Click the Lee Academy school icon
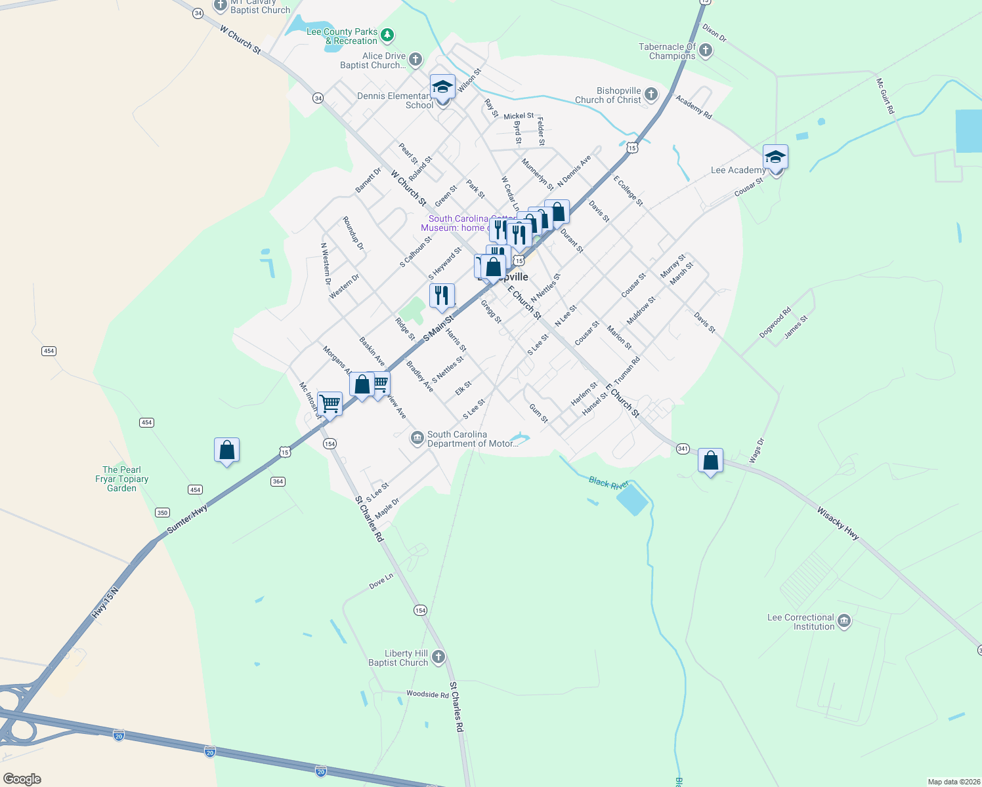tap(775, 158)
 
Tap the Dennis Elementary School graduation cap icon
tap(442, 87)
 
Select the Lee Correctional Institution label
tap(801, 622)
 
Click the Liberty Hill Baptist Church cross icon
tap(438, 657)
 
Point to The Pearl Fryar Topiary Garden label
tap(121, 479)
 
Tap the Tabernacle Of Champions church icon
tap(706, 50)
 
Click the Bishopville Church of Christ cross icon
tap(651, 94)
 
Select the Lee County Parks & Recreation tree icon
tap(387, 35)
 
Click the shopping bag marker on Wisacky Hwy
tap(710, 461)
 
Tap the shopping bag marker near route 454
tap(226, 451)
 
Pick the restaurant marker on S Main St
tap(442, 296)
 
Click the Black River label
tap(608, 483)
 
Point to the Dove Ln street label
tap(381, 581)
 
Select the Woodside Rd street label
tap(427, 694)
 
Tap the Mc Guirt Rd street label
tap(886, 96)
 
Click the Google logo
tap(22, 779)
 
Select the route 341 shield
tap(683, 449)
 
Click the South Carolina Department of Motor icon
tap(417, 438)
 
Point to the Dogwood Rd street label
tap(775, 323)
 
